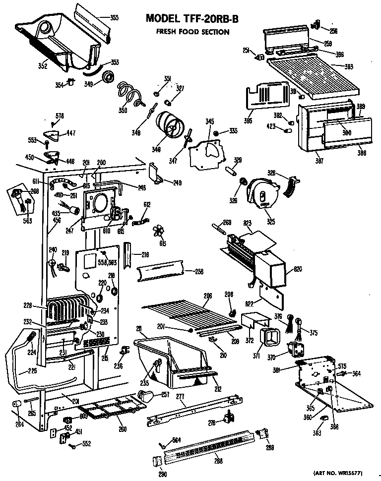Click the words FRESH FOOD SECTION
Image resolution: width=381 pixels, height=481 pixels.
(192, 32)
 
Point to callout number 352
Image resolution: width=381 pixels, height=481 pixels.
(43, 65)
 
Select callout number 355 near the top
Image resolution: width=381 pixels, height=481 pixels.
(114, 18)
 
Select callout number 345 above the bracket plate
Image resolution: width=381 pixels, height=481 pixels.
(210, 121)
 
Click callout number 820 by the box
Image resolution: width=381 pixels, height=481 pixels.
(298, 269)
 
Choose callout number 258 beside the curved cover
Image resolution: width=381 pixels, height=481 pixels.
(199, 272)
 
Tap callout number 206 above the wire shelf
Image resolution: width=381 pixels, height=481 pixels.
(208, 296)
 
